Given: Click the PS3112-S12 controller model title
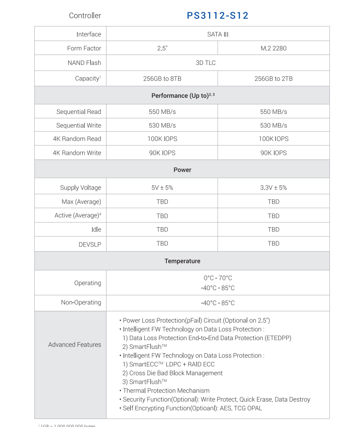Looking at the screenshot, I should pos(218,16).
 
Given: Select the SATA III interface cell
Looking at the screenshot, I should pos(218,34).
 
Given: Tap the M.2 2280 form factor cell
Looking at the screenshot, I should pos(274,48).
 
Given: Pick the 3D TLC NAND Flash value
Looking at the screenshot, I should pos(206,63).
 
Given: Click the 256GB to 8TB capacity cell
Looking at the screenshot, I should pos(162,79).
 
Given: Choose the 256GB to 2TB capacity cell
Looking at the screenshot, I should pos(274,79).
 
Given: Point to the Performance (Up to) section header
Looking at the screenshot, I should pos(183,95).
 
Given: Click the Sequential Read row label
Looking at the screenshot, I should pos(78,112).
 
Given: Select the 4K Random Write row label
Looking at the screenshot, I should pos(77,153).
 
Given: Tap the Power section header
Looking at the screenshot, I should pos(182,170).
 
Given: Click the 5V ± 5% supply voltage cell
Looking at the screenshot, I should pos(162,188).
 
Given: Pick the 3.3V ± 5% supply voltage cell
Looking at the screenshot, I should pos(274,188).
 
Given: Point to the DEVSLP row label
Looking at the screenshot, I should pos(90,245).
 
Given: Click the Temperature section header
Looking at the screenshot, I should pos(182,261).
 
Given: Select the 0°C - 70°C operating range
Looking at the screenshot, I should pos(218,278).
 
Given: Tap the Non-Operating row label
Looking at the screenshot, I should pos(81,302).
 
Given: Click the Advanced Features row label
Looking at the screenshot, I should pos(74,345).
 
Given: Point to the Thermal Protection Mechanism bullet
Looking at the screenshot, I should pos(166,390).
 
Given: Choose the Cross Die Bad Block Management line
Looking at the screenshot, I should pos(172,373).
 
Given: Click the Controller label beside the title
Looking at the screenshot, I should pos(85,16).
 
